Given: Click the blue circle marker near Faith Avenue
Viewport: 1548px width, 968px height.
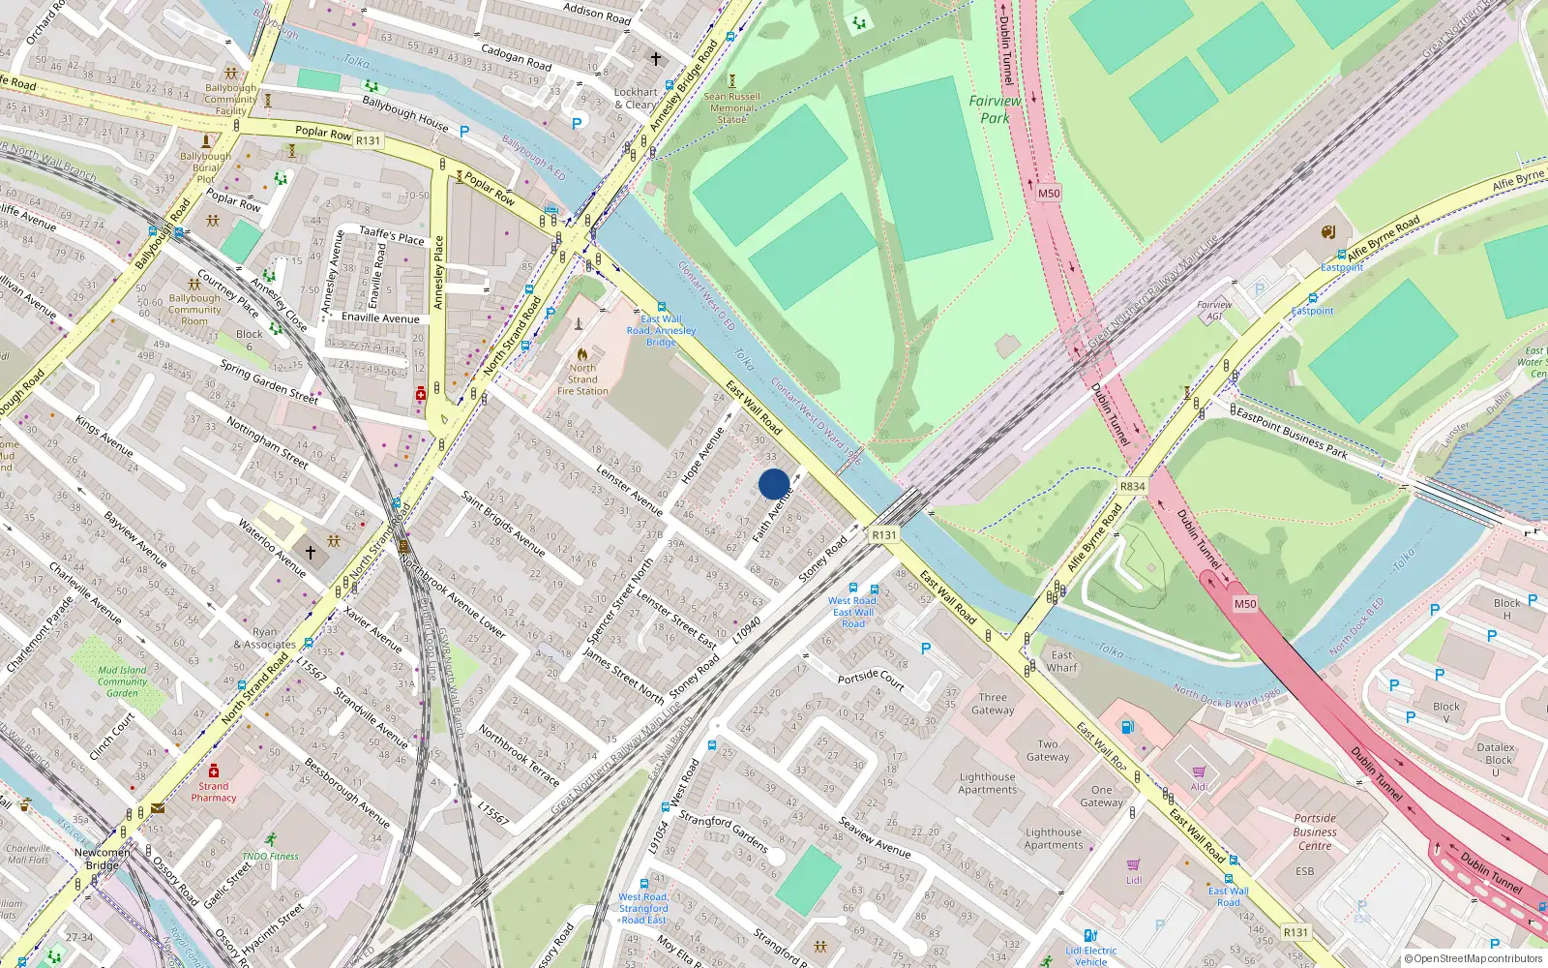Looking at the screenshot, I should (x=774, y=484).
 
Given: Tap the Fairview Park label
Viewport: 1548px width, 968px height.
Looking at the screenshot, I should (x=995, y=109).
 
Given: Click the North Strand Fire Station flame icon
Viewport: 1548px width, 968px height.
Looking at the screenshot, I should (x=582, y=354).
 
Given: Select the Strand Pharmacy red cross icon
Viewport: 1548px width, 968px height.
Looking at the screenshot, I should (x=213, y=771).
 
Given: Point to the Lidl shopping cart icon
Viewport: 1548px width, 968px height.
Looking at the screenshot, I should (x=1133, y=864).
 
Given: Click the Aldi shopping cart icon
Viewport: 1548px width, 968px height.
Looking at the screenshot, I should (x=1199, y=771).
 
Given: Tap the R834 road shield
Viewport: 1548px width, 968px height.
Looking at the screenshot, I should (x=1132, y=486).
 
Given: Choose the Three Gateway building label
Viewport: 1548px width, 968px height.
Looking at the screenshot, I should (x=993, y=703).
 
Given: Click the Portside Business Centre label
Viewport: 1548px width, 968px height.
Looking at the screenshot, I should (x=1315, y=832).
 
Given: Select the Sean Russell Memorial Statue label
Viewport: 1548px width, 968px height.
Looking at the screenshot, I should (x=732, y=107).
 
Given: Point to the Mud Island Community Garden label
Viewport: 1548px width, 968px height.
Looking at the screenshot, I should (x=122, y=681).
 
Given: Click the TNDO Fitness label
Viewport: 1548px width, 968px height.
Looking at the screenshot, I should (x=271, y=856).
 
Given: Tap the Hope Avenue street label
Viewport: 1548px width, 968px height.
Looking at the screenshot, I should (x=702, y=454).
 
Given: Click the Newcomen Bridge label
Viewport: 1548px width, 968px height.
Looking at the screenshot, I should (x=102, y=859).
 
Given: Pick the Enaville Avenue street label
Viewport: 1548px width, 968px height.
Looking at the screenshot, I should (x=380, y=318).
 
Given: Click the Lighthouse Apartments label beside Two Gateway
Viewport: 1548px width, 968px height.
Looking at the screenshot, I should (x=988, y=783).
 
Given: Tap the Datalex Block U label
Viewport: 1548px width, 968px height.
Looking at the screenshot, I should (x=1496, y=759).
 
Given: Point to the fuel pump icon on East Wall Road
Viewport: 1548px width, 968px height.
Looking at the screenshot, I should (x=1126, y=727).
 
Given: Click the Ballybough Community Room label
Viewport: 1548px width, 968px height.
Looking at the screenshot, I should (x=194, y=310).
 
